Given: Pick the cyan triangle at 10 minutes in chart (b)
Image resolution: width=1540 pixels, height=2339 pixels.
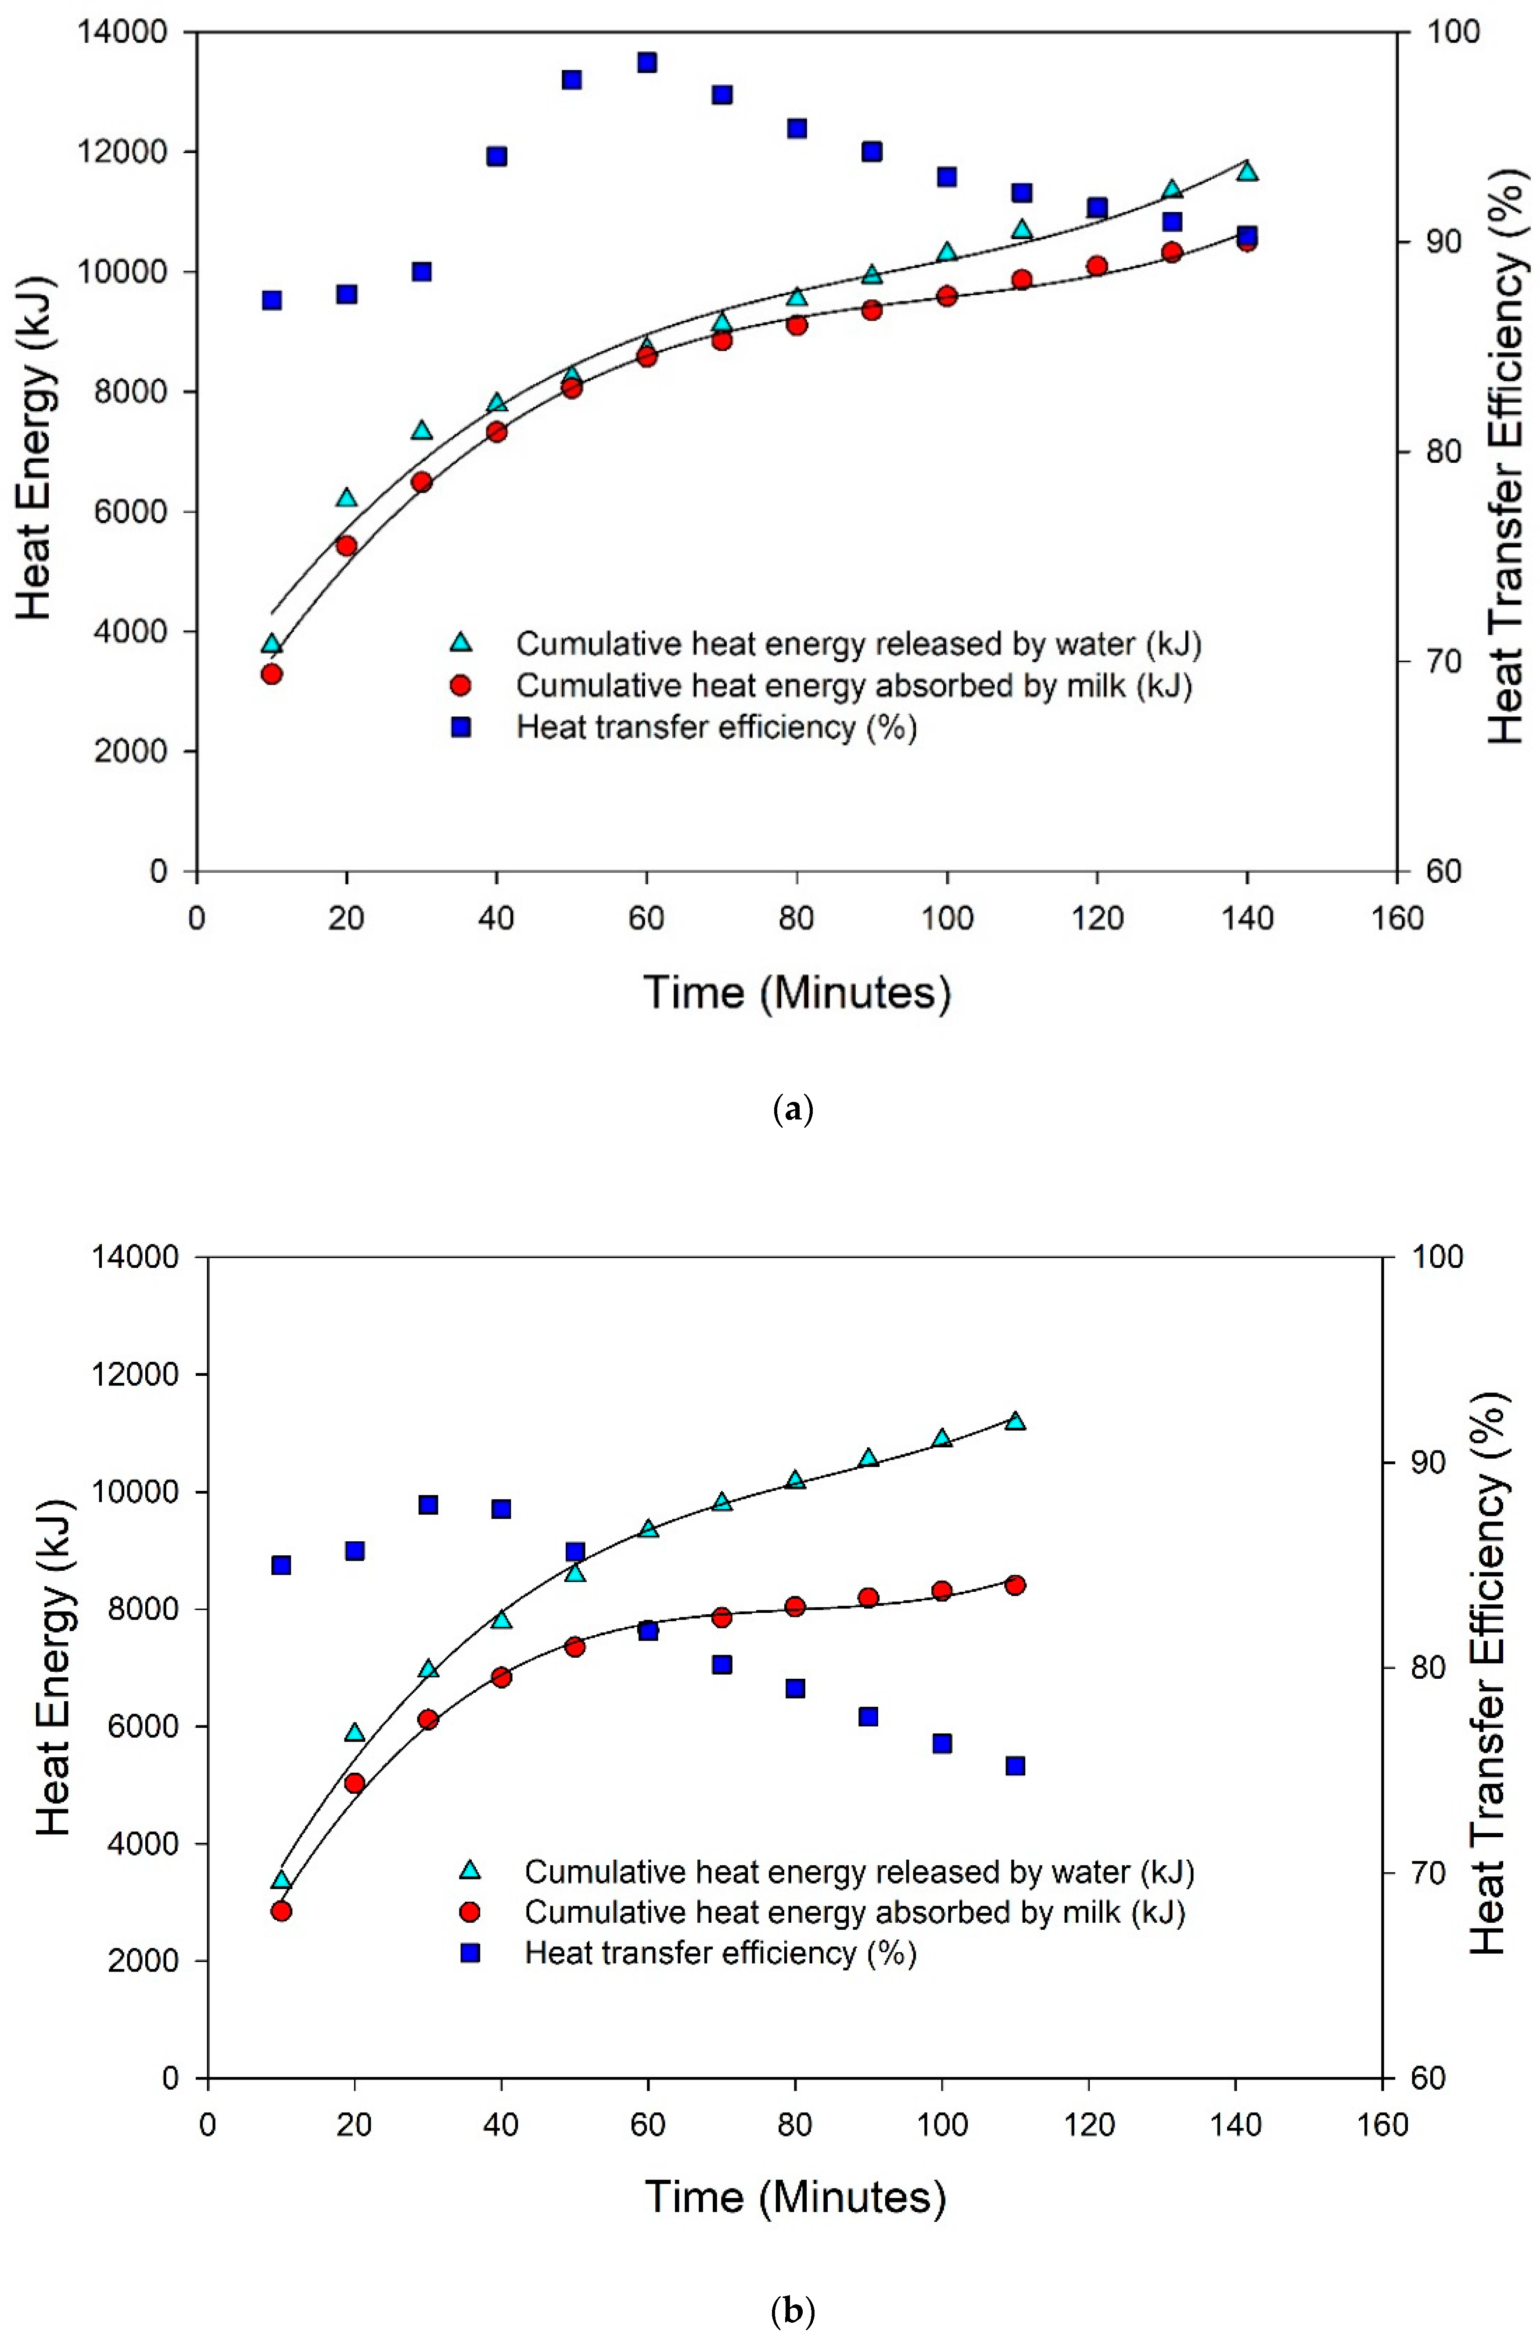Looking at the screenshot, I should pos(281,1880).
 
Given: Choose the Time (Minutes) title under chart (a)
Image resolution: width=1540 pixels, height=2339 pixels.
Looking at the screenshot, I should pos(797,993).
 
